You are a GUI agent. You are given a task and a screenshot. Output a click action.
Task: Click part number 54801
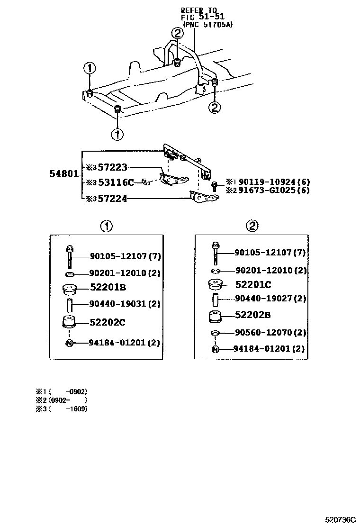click(x=63, y=174)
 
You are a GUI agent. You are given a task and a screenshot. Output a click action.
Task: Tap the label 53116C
click(x=116, y=182)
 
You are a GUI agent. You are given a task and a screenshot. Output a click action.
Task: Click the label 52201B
click(x=108, y=288)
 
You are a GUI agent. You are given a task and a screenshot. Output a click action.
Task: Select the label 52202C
click(x=108, y=322)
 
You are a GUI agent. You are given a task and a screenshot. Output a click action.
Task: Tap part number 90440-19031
click(x=118, y=304)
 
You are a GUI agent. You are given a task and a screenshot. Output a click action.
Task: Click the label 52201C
click(x=253, y=285)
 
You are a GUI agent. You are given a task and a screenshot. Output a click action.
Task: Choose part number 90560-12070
click(x=264, y=333)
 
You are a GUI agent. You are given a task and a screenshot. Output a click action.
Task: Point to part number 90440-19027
click(x=264, y=299)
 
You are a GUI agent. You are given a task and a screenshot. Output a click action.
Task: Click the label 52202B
click(x=253, y=315)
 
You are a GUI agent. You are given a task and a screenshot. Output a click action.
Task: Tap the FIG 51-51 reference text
click(x=199, y=17)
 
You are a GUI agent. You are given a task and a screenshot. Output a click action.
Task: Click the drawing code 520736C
click(x=340, y=520)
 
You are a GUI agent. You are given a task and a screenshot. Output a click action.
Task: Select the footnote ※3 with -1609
click(x=62, y=409)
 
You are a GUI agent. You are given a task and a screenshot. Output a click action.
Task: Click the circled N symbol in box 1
click(x=69, y=343)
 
